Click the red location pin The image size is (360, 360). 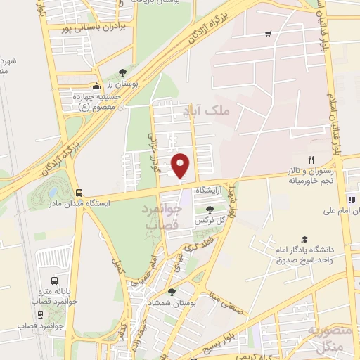click(181, 165)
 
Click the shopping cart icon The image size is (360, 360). click(268, 33)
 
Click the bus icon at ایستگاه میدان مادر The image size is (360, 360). click(78, 192)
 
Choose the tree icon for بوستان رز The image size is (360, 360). click(122, 72)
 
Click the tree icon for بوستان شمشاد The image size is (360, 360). click(172, 291)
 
